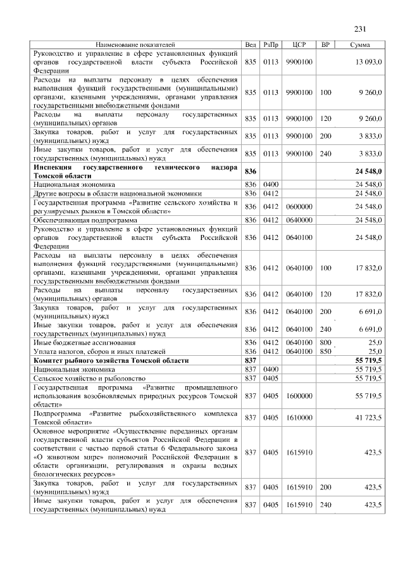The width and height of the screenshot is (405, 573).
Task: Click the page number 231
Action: click(361, 28)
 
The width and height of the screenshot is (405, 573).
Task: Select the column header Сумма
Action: click(360, 45)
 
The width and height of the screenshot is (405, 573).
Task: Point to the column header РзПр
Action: click(271, 45)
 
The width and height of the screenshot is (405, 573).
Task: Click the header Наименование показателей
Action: click(135, 45)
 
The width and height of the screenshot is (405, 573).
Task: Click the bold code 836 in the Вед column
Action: click(251, 171)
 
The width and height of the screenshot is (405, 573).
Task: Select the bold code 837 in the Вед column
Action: click(251, 360)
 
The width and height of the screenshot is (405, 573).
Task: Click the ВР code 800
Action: click(325, 342)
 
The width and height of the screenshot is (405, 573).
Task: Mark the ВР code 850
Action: click(325, 351)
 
